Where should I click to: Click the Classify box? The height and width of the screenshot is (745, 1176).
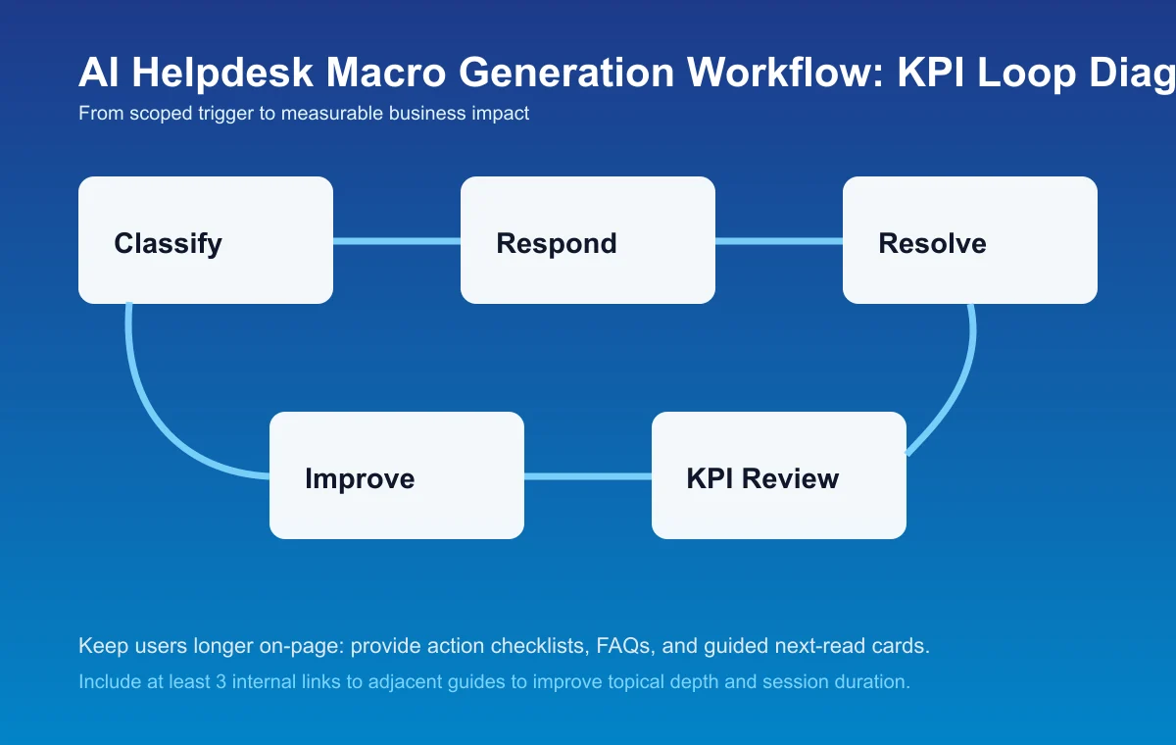206,240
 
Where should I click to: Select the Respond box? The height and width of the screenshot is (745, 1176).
588,240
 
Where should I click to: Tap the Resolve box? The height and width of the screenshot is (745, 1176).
970,240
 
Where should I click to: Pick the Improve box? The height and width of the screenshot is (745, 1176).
397,475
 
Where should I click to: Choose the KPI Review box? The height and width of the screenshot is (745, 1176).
779,475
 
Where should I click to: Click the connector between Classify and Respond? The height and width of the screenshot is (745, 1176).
397,241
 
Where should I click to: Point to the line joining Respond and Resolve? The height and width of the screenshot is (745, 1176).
779,241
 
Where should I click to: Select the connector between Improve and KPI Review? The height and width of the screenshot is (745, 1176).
588,476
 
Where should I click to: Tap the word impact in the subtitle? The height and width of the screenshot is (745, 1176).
503,114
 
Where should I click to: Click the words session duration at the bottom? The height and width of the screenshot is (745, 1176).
842,681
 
